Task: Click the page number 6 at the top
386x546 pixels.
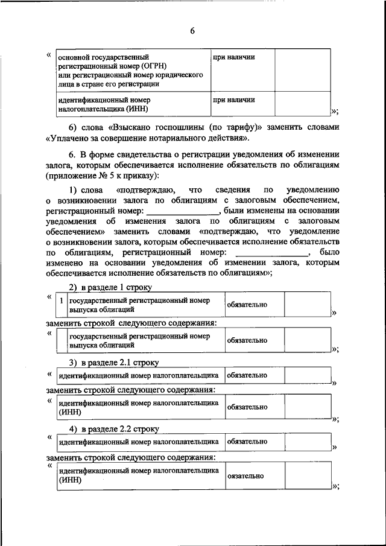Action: click(x=192, y=31)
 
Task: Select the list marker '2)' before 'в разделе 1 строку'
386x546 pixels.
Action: click(x=73, y=287)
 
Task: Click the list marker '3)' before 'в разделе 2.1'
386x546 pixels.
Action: click(x=73, y=362)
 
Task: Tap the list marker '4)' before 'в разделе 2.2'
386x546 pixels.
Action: click(x=73, y=429)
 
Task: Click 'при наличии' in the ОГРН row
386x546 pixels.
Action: click(x=232, y=57)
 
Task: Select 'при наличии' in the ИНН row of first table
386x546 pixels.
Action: click(x=232, y=100)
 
